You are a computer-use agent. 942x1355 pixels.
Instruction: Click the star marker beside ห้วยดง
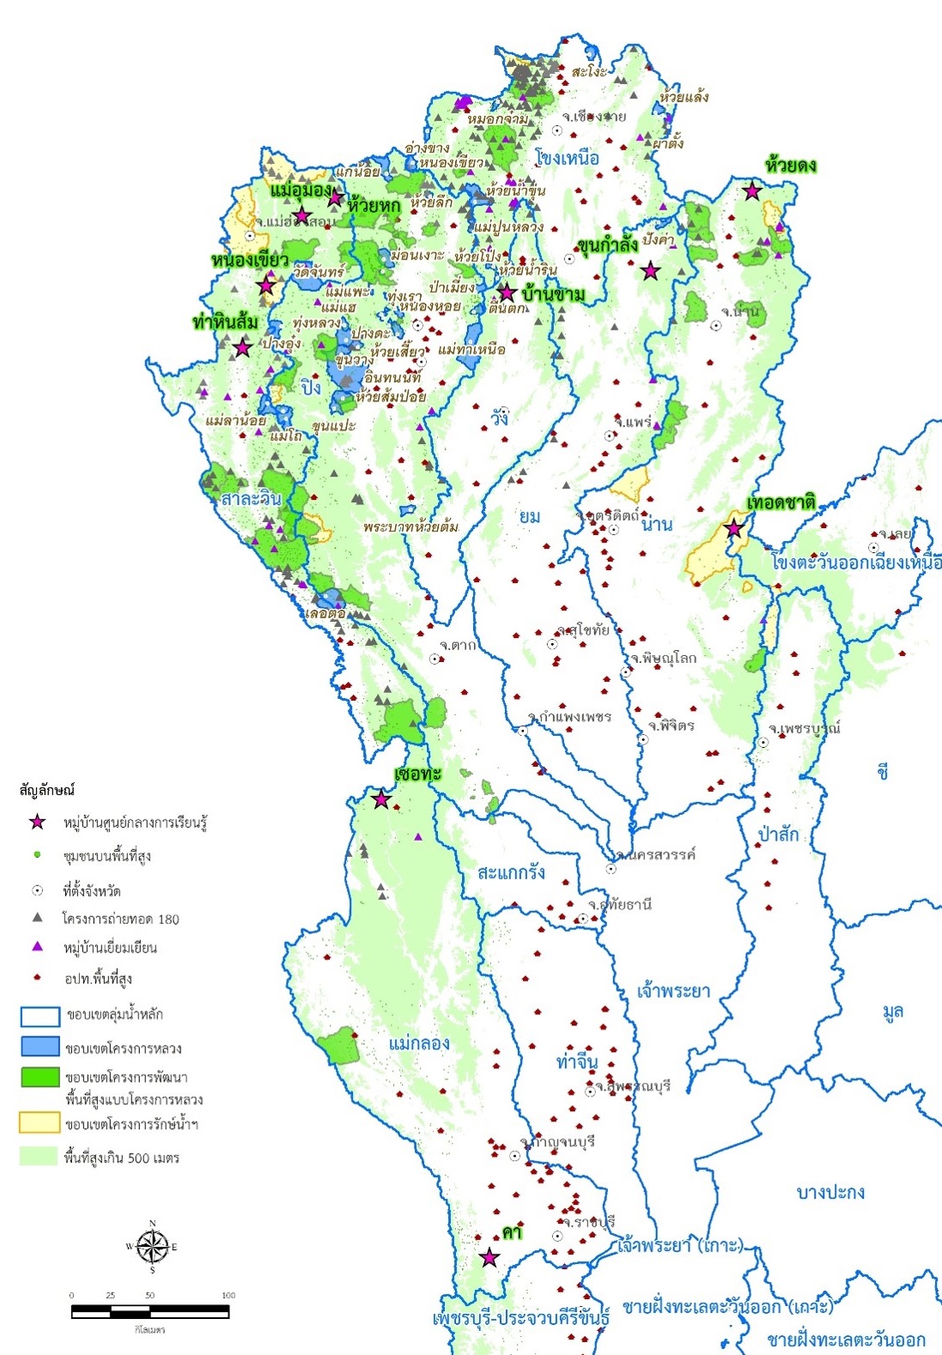point(752,191)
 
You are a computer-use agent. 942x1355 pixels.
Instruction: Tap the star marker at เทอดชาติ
point(734,528)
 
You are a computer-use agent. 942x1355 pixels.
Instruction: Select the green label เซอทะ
point(417,774)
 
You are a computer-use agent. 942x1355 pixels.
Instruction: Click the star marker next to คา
point(489,1258)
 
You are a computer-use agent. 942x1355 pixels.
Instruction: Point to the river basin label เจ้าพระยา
point(673,991)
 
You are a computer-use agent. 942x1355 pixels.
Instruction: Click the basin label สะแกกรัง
point(511,872)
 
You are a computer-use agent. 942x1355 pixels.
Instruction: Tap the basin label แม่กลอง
point(419,1043)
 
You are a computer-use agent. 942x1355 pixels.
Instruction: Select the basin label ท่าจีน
point(577,1061)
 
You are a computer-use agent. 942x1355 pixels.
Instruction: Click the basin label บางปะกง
point(830,1192)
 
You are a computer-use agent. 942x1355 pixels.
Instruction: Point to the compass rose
point(152,1246)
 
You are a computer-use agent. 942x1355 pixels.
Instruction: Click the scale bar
point(149,1311)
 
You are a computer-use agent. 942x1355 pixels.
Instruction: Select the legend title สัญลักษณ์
point(47,789)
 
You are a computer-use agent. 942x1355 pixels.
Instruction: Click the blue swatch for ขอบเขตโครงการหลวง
point(40,1047)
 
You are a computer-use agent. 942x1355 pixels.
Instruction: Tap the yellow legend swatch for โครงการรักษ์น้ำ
point(40,1122)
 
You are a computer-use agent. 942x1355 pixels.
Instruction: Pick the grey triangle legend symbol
point(37,918)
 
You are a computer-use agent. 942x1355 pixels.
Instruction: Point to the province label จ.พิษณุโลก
point(663,659)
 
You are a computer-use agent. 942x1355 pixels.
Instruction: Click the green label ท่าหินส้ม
point(225,323)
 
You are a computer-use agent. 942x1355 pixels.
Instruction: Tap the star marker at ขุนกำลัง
point(651,270)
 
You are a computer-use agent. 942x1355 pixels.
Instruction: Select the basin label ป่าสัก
point(779,834)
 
